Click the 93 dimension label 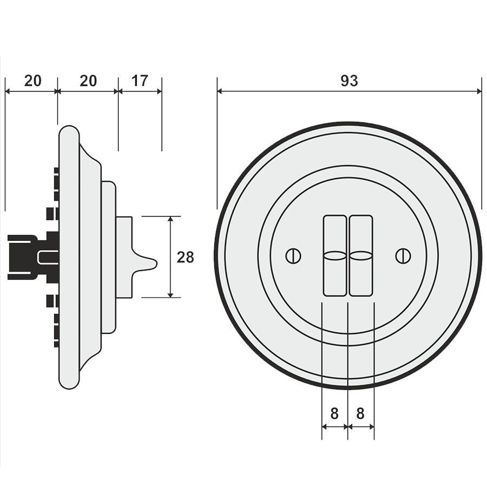pyautogui.click(x=349, y=81)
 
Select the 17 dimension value pyautogui.click(x=140, y=81)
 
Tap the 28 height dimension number pyautogui.click(x=185, y=257)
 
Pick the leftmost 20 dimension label pyautogui.click(x=32, y=81)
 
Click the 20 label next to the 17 pyautogui.click(x=88, y=81)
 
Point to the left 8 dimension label pyautogui.click(x=334, y=413)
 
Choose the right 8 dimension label pyautogui.click(x=360, y=413)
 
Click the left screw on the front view pyautogui.click(x=293, y=255)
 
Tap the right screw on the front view pyautogui.click(x=403, y=255)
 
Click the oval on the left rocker pyautogui.click(x=334, y=255)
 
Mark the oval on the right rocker pyautogui.click(x=360, y=255)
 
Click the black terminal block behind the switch pyautogui.click(x=22, y=255)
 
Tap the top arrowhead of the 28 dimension pyautogui.click(x=171, y=220)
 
